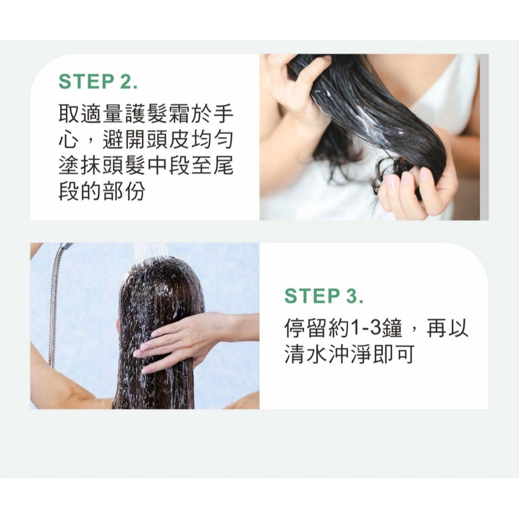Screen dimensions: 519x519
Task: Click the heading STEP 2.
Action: pos(98,82)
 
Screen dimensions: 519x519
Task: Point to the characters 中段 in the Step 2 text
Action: pos(171,166)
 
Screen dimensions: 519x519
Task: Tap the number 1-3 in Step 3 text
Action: pos(366,328)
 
